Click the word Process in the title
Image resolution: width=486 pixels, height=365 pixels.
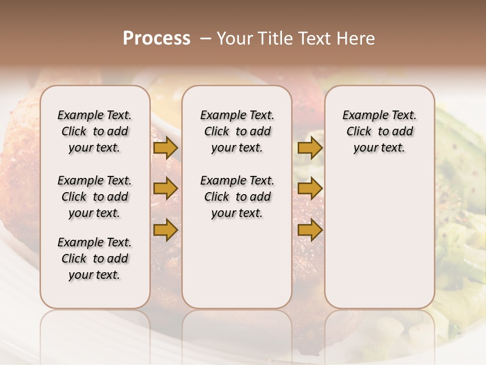coord(156,39)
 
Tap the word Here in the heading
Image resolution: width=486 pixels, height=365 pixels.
coord(357,39)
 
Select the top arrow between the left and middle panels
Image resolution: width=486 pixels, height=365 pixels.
coord(165,148)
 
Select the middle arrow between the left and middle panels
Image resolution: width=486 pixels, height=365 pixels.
coord(165,189)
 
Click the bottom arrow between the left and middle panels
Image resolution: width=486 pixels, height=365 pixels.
coord(165,230)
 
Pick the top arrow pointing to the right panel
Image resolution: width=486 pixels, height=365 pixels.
coord(310,148)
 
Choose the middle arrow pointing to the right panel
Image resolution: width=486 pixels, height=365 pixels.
coord(310,189)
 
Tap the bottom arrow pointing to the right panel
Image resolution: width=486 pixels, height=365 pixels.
coord(310,230)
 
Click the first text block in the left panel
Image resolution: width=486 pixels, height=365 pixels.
coord(95,132)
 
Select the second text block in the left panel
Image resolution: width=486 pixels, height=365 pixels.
coord(95,197)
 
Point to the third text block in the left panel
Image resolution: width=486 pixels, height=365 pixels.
coord(95,259)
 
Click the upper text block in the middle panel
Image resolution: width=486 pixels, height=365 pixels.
coord(237,132)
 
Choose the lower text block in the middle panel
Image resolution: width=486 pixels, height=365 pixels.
coord(237,197)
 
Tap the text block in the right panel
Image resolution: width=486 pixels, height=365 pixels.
coord(379,132)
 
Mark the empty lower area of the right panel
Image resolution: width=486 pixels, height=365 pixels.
coord(379,238)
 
